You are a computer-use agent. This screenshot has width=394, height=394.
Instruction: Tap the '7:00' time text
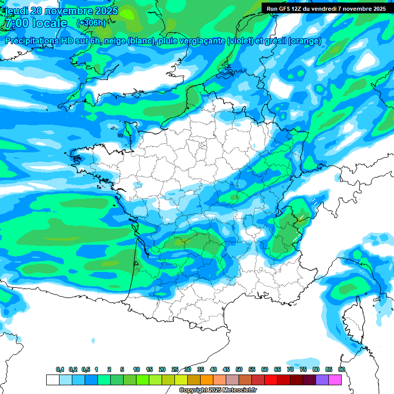click(x=15, y=23)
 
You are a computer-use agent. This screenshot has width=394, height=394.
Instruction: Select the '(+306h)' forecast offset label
click(x=91, y=23)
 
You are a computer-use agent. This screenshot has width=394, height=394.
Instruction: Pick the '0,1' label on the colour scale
click(x=60, y=370)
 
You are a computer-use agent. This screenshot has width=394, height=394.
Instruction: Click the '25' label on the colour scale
click(x=175, y=370)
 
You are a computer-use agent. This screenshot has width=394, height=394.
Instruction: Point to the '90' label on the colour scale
click(x=341, y=370)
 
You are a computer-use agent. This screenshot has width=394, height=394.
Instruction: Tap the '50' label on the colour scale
click(x=239, y=370)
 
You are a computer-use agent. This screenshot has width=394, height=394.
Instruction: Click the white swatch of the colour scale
click(x=52, y=380)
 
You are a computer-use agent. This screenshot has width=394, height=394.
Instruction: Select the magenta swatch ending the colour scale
click(x=335, y=380)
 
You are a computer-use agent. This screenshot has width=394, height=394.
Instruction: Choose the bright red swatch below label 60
click(x=271, y=380)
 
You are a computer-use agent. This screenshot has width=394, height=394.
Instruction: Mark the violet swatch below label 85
click(x=322, y=380)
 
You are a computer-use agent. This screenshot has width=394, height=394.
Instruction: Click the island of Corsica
click(x=354, y=323)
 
